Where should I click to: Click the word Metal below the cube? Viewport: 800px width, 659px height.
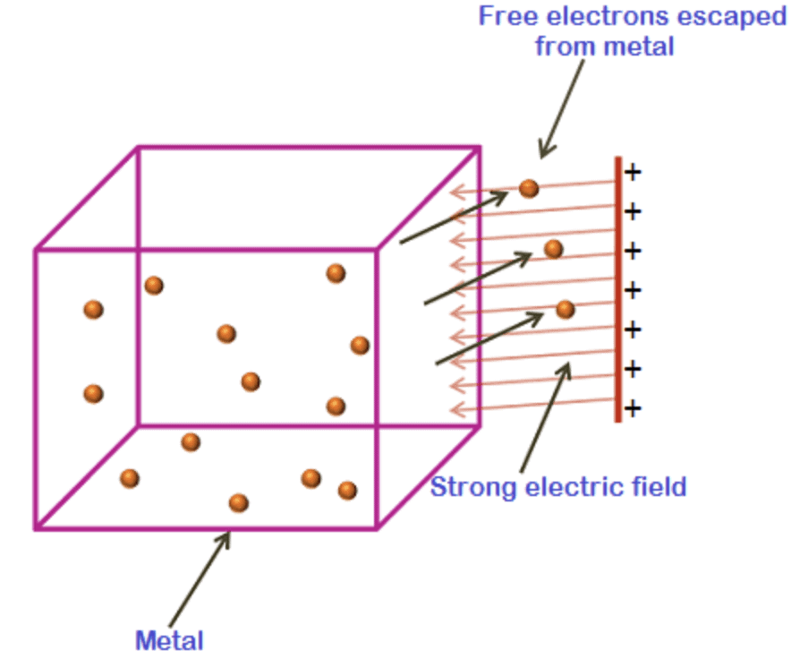tap(169, 641)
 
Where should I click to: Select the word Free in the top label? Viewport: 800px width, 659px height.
tap(505, 17)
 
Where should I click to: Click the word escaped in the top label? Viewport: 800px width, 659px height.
tap(722, 17)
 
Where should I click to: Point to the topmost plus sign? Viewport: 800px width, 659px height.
tap(633, 172)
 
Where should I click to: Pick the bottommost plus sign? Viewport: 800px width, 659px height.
tap(633, 409)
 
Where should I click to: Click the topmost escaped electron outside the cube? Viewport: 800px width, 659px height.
tap(529, 188)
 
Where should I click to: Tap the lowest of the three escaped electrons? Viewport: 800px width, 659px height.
tap(565, 309)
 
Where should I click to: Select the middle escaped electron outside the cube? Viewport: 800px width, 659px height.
tap(554, 248)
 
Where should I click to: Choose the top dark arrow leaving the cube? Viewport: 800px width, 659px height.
tap(453, 217)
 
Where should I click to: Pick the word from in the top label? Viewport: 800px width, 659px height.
tap(560, 46)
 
